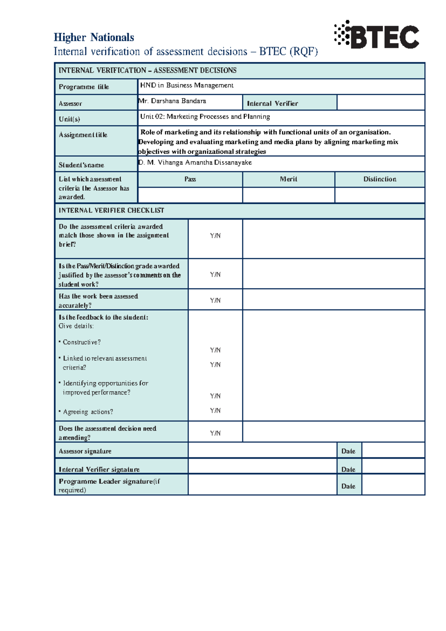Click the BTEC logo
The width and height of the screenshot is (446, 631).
click(376, 35)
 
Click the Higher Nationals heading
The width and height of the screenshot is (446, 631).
click(94, 38)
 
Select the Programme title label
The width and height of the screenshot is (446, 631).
click(84, 87)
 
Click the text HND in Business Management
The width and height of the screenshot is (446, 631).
click(187, 86)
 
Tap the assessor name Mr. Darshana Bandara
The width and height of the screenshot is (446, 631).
click(172, 101)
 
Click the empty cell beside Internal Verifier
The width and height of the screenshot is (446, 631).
click(380, 103)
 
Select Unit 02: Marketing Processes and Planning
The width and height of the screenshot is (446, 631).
click(205, 117)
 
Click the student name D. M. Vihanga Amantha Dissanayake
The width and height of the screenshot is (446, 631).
click(195, 163)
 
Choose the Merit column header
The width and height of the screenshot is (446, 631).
click(288, 179)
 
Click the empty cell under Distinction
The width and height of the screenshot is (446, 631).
click(379, 195)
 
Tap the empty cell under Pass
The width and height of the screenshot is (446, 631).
click(190, 195)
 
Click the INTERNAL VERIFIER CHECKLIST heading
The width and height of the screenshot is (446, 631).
click(111, 211)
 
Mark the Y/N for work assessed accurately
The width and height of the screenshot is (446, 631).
click(215, 301)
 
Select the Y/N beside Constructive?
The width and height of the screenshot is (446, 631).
click(215, 350)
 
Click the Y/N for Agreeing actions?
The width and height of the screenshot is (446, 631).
click(215, 411)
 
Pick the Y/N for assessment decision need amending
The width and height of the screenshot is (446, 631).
click(215, 433)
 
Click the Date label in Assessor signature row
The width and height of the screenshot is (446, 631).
click(348, 451)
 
